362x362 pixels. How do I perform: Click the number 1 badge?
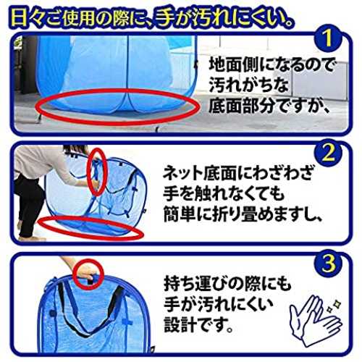[x=328, y=38]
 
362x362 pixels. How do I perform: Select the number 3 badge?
[x=328, y=263]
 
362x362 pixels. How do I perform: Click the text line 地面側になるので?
[x=271, y=64]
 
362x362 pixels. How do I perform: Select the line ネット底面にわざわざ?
[x=237, y=173]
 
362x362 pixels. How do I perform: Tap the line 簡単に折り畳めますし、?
[x=243, y=214]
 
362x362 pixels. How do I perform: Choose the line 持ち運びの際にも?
[x=227, y=285]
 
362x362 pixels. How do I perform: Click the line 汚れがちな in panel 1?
[x=248, y=85]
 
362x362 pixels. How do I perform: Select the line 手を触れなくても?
[x=224, y=194]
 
